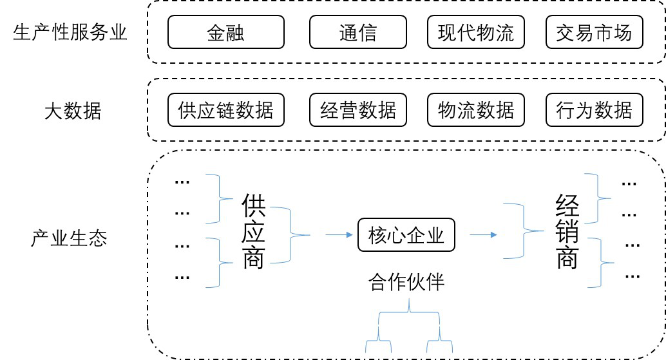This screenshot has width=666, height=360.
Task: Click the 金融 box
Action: pos(225,32)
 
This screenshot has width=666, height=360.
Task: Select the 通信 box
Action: pos(357,32)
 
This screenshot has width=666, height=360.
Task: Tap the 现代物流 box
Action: pos(475,32)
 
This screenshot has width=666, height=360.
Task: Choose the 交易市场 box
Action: pos(594,32)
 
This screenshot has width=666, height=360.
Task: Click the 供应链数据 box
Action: pos(225,110)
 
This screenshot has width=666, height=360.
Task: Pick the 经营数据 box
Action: pos(357,110)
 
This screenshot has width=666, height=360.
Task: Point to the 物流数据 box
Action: pos(475,110)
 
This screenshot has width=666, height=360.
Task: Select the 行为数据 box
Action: pos(594,110)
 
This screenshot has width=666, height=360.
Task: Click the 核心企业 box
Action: pos(406,235)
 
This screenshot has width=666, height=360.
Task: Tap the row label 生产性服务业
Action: pos(70,32)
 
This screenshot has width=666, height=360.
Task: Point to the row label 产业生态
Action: pos(69,238)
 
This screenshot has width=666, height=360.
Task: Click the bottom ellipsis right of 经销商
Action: pos(632,276)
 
